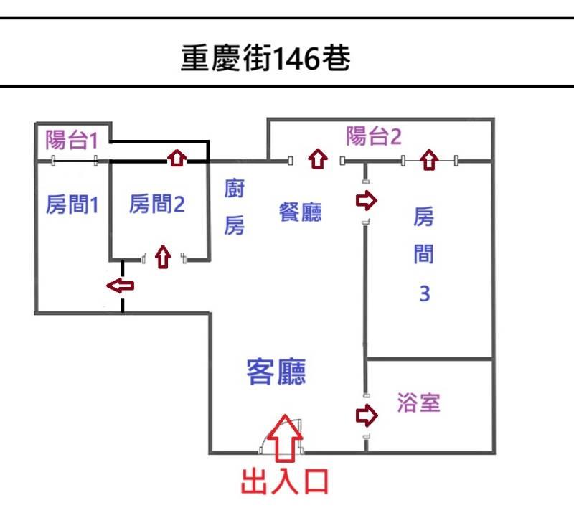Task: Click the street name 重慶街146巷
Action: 265,59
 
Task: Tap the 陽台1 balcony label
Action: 71,138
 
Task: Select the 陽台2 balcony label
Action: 373,136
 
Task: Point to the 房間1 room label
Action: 72,205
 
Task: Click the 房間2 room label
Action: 157,205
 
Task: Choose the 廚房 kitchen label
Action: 235,209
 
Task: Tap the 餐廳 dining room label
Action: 301,212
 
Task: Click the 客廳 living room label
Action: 276,372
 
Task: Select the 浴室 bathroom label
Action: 418,403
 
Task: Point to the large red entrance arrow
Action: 285,438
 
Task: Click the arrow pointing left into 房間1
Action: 121,286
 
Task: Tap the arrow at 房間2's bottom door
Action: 163,256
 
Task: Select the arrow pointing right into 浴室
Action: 367,415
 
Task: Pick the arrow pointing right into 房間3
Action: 365,199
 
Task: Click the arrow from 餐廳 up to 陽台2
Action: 318,159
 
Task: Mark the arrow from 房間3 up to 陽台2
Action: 429,159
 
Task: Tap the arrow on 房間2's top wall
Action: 177,157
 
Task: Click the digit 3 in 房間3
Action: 424,294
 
